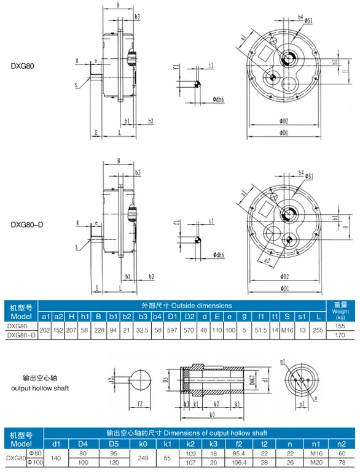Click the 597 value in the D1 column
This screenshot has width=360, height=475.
click(x=173, y=330)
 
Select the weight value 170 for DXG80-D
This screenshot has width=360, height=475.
click(x=341, y=335)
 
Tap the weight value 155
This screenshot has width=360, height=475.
click(x=341, y=326)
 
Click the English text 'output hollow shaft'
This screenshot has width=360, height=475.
click(x=40, y=388)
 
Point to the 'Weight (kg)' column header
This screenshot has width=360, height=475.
click(x=341, y=311)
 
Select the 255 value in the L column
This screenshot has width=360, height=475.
click(x=317, y=330)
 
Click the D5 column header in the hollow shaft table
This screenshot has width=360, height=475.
click(x=114, y=443)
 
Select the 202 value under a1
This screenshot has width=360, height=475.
click(x=45, y=330)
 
